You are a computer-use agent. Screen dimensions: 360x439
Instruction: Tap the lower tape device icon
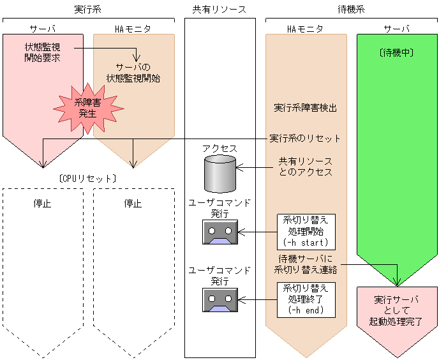(219, 299)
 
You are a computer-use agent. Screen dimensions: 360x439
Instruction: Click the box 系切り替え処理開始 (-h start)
(305, 230)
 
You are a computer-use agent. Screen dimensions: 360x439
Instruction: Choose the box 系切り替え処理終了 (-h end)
(305, 299)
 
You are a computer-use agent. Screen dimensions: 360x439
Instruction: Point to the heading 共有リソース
(219, 9)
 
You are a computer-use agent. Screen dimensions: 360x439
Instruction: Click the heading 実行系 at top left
(89, 9)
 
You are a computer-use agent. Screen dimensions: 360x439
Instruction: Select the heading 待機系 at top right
(351, 9)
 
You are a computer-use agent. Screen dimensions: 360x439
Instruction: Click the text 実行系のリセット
(305, 138)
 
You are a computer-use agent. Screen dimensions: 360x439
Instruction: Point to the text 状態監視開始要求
(43, 52)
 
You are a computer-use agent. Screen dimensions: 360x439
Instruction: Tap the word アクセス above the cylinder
(219, 148)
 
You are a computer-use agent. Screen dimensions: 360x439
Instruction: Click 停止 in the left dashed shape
(43, 204)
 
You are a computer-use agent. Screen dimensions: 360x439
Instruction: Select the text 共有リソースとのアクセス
(305, 167)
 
